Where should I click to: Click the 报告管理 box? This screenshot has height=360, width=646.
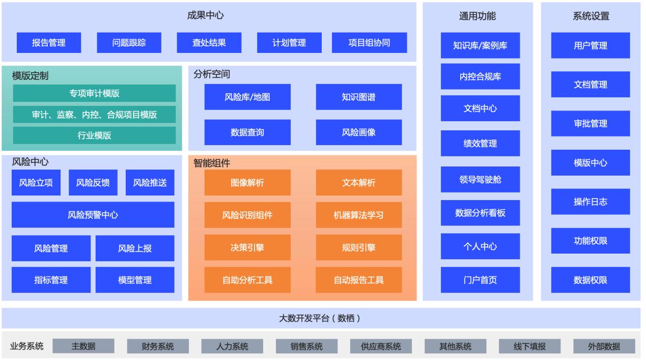49,43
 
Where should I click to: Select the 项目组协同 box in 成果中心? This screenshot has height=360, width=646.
369,43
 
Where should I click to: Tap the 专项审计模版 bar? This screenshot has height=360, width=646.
94,93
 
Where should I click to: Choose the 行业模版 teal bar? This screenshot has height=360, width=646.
94,135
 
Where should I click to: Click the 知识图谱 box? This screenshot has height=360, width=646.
358,97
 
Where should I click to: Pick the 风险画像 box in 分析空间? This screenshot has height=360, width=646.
358,132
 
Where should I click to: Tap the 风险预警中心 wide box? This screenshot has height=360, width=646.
93,215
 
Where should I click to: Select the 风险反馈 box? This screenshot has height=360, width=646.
93,183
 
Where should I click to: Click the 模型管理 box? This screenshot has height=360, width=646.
135,280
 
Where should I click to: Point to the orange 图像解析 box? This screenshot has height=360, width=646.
247,183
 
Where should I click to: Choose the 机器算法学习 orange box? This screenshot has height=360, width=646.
358,215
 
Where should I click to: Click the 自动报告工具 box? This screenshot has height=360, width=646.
358,280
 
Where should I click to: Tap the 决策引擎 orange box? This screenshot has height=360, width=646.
247,248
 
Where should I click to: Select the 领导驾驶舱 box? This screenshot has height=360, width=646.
480,179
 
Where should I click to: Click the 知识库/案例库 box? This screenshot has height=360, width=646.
480,45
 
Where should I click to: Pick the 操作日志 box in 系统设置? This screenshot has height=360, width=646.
591,202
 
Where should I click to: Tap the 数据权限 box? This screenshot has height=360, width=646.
591,280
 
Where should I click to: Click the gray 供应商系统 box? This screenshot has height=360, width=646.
381,346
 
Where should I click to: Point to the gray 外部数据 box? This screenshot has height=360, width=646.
604,346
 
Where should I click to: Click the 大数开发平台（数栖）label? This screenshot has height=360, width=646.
321,318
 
